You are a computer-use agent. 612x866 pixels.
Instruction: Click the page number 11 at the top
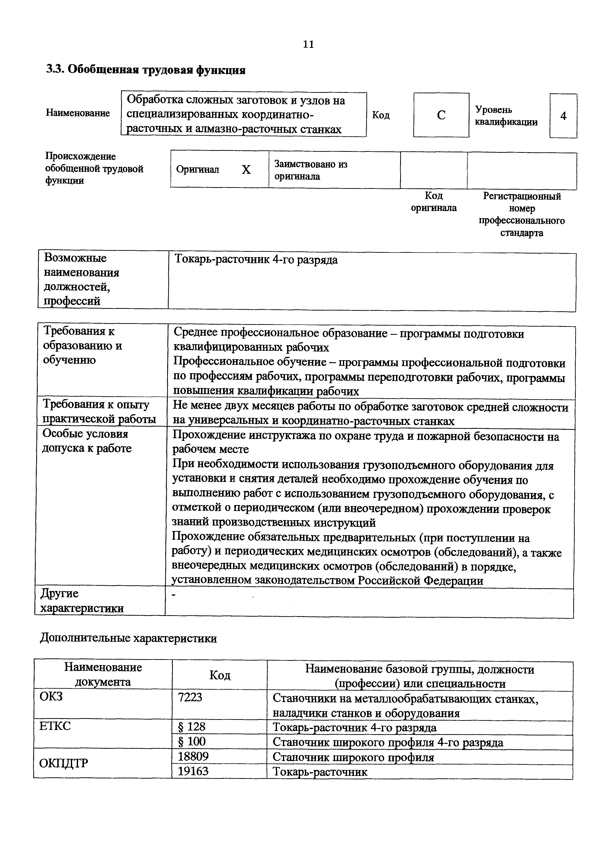pyautogui.click(x=308, y=44)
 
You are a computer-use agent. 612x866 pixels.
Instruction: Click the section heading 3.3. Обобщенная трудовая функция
pyautogui.click(x=146, y=70)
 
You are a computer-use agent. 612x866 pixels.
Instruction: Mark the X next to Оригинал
pyautogui.click(x=246, y=170)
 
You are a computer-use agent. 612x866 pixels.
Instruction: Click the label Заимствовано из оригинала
pyautogui.click(x=311, y=170)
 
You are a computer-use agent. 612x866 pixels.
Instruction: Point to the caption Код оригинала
pyautogui.click(x=434, y=201)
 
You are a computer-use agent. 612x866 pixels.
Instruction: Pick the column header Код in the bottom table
pyautogui.click(x=219, y=675)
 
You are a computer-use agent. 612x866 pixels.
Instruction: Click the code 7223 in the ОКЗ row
pyautogui.click(x=190, y=697)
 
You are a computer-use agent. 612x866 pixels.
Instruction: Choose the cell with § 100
pyautogui.click(x=192, y=742)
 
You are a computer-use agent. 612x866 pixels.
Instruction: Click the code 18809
pyautogui.click(x=193, y=756)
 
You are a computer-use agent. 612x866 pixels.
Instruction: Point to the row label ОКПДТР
pyautogui.click(x=64, y=763)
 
